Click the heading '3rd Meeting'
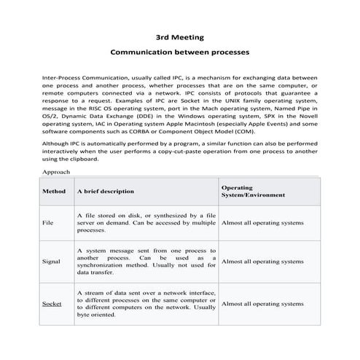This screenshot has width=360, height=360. [x=179, y=36]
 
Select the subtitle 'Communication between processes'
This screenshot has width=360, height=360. [x=179, y=52]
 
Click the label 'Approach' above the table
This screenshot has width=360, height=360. [x=56, y=192]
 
